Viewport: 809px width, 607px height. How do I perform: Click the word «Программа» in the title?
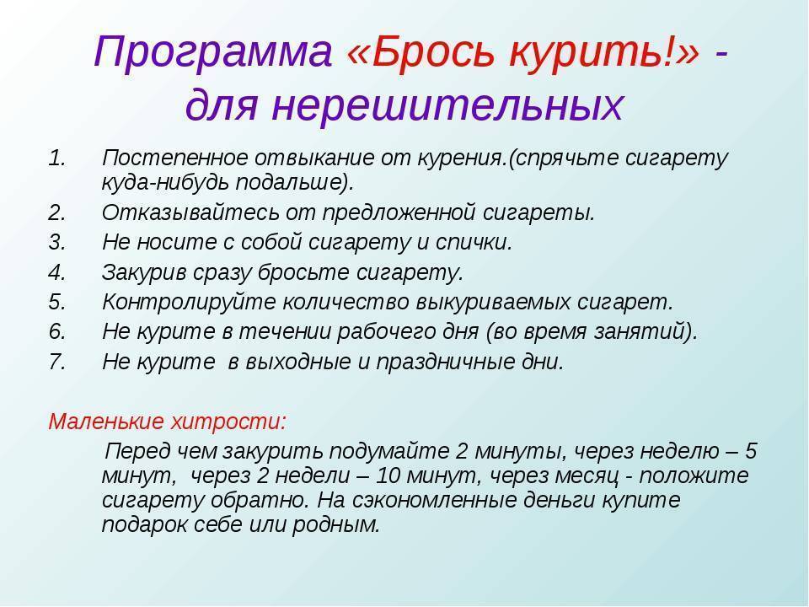(212, 52)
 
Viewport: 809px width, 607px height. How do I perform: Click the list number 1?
(57, 158)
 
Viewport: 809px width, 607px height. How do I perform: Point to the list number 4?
(57, 272)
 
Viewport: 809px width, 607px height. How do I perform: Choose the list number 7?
(57, 362)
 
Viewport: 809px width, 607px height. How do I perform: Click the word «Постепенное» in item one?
(175, 158)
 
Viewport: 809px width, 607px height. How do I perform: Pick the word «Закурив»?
(144, 272)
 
